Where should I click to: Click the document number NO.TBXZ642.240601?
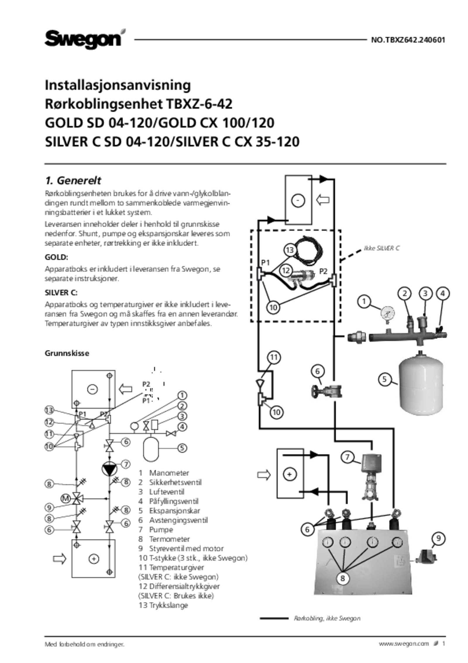(x=408, y=40)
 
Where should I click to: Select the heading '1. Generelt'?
(x=73, y=180)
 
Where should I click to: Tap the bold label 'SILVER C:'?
(x=61, y=292)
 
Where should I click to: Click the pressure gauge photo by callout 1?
(x=387, y=315)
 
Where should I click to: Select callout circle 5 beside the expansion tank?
(x=385, y=379)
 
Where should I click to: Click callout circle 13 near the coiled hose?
(x=290, y=250)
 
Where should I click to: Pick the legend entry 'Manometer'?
(x=169, y=473)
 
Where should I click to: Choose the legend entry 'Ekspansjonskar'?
(x=175, y=511)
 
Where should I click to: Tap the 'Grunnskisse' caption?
(x=67, y=353)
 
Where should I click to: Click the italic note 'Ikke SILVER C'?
(x=381, y=248)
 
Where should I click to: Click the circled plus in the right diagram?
(x=289, y=474)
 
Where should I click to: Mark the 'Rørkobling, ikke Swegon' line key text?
(x=327, y=618)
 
